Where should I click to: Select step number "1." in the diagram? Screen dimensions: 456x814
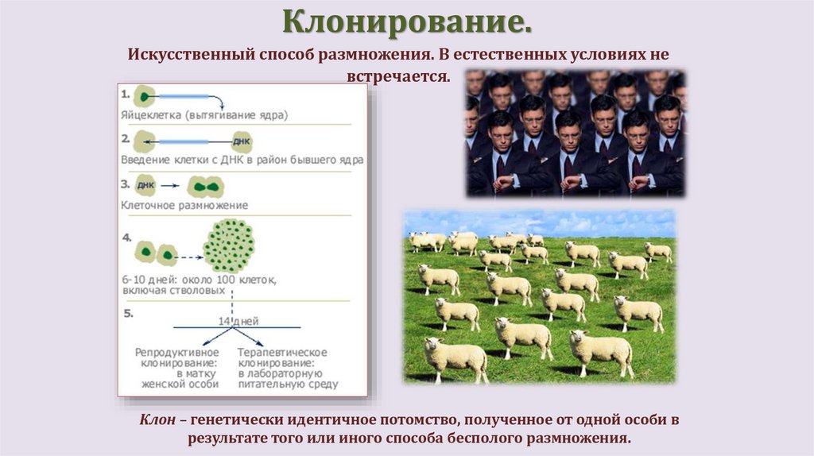click(126, 94)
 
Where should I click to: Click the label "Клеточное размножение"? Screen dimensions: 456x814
click(184, 205)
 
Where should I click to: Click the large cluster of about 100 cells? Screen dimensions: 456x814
click(229, 246)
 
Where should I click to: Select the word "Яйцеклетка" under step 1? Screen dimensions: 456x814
click(150, 114)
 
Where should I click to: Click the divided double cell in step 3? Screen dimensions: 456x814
click(206, 187)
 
